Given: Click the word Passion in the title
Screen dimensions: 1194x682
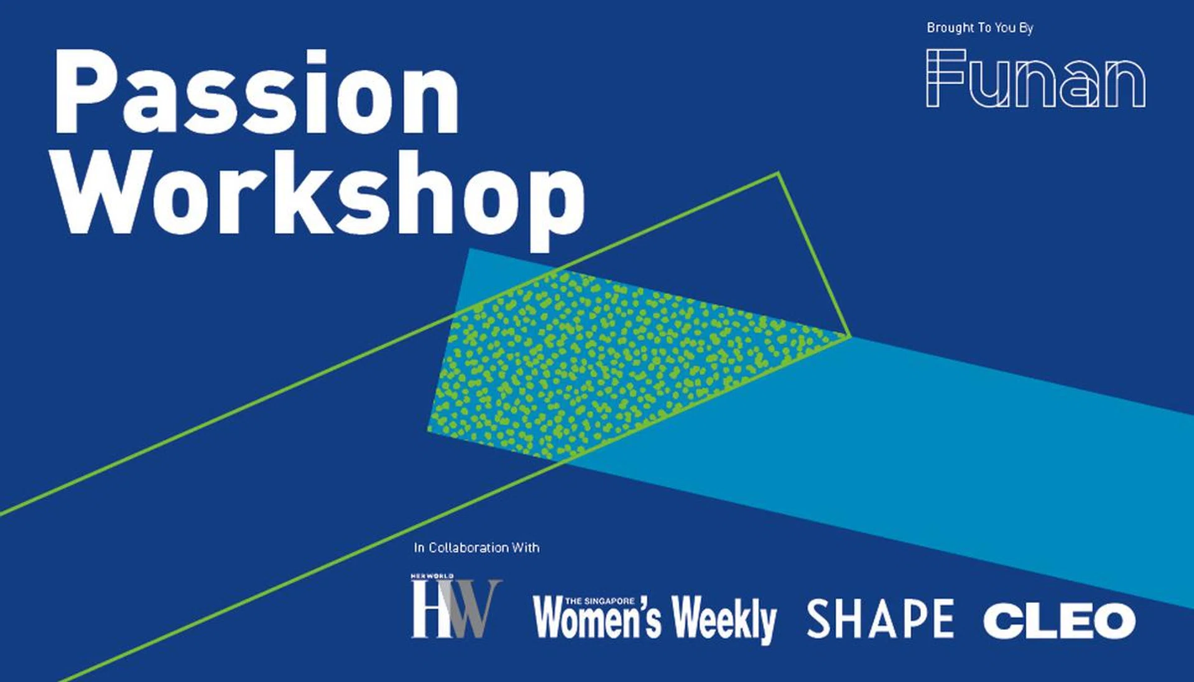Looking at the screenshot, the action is tap(257, 91).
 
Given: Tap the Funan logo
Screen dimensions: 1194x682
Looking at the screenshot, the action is tap(1035, 78).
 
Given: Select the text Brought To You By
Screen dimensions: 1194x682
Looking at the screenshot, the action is tap(980, 28).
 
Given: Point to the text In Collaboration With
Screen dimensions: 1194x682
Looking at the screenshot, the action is tap(477, 548).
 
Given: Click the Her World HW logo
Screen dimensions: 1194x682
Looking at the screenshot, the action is tap(456, 606).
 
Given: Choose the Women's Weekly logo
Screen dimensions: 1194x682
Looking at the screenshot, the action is tap(655, 619).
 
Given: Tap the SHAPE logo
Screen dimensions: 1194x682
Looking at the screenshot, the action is tap(880, 619).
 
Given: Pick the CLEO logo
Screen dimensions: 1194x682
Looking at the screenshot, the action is tap(1059, 620).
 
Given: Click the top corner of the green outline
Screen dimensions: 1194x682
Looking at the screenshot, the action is tap(779, 173).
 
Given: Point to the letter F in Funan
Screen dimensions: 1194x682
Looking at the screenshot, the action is tap(945, 78).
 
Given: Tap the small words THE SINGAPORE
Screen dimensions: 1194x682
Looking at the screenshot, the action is tap(600, 601).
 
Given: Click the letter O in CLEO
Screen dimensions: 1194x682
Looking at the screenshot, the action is tap(1111, 620).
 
